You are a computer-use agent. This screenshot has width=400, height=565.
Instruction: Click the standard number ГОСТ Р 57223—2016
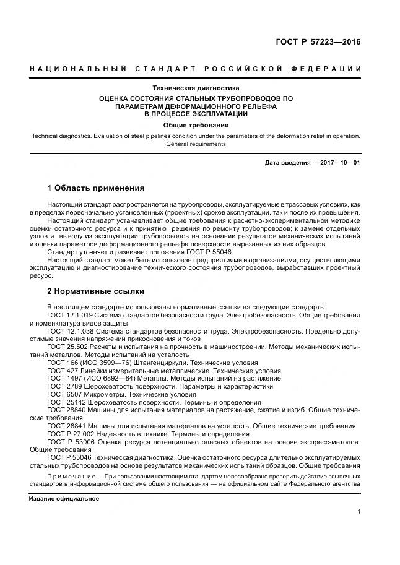click(318, 43)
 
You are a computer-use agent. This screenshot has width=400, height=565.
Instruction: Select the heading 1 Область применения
click(95, 188)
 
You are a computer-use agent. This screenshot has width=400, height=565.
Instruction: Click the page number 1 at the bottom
click(359, 511)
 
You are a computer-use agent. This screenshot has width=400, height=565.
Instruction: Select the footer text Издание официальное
click(64, 498)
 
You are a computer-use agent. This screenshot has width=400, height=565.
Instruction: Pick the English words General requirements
click(196, 144)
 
